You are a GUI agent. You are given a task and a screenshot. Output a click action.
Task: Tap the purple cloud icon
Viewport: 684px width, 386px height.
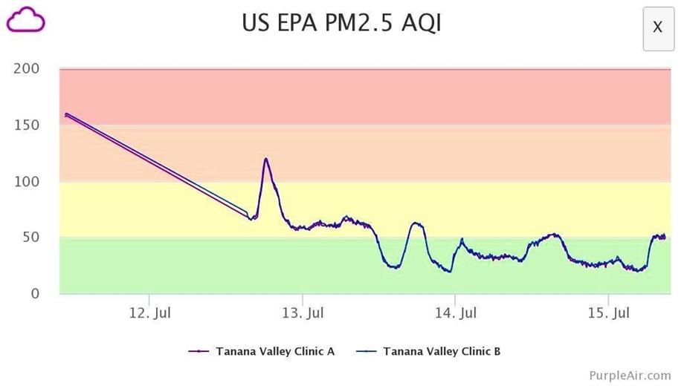26,20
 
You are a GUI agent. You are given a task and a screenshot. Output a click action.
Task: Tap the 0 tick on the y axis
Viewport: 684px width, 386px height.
35,294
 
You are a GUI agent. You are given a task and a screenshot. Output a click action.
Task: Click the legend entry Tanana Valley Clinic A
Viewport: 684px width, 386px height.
274,351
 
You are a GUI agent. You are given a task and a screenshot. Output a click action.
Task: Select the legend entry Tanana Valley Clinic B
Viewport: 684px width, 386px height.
441,351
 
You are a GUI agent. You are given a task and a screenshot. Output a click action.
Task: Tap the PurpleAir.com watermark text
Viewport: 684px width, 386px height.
630,376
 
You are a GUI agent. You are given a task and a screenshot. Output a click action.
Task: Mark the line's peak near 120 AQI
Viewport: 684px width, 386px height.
266,159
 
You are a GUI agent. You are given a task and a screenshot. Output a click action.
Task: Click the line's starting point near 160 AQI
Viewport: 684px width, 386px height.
66,114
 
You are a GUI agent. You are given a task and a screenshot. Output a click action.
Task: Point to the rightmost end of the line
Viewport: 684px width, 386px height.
665,237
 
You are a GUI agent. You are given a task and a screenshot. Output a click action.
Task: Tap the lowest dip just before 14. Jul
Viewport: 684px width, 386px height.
449,272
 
